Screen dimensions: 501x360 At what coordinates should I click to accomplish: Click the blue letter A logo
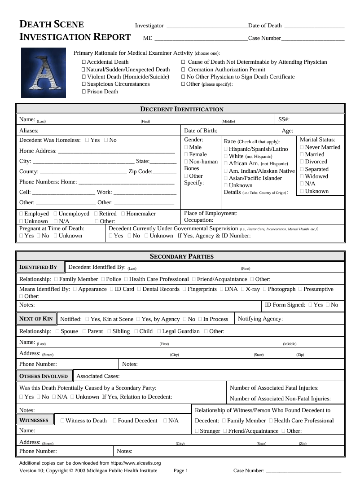[44, 73]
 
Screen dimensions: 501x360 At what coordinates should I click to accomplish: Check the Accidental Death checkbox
[84, 62]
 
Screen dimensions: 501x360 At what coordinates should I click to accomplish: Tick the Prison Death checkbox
[84, 92]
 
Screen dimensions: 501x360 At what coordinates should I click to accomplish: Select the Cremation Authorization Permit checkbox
[183, 70]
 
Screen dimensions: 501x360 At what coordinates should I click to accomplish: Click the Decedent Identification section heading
[181, 109]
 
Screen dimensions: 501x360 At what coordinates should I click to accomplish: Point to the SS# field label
[284, 119]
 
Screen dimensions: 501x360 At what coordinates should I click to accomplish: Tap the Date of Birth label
[201, 131]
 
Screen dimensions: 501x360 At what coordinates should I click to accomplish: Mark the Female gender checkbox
[186, 154]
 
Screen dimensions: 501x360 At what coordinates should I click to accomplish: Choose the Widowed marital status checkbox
[302, 176]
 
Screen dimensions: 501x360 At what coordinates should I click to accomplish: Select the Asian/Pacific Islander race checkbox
[226, 178]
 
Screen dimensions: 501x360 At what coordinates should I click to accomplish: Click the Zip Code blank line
[164, 172]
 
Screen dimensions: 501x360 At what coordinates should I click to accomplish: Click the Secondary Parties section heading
[181, 257]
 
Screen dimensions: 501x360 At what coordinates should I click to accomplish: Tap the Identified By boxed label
[38, 267]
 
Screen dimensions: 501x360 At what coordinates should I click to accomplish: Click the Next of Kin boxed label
[36, 319]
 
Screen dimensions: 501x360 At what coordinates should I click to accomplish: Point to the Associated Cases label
[98, 376]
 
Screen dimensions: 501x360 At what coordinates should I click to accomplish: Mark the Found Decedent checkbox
[115, 421]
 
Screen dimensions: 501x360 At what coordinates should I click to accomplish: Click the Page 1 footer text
[181, 470]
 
